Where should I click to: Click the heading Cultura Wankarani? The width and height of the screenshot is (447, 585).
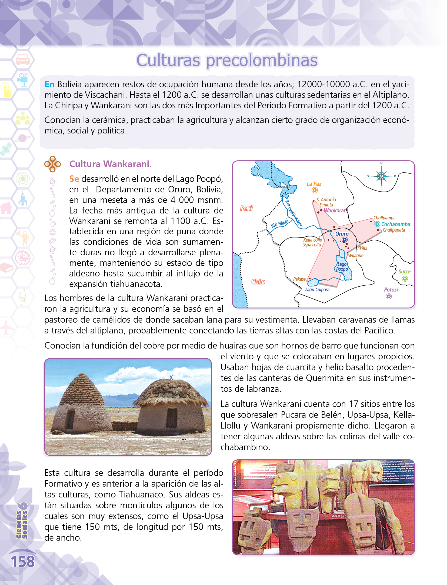pos(111,164)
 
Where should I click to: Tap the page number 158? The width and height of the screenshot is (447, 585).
pos(23,561)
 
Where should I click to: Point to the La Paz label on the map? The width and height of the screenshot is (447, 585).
pos(314,184)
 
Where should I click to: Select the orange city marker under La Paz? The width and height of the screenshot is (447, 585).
pos(315,190)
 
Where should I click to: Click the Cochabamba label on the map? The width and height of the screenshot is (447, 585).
pos(395,224)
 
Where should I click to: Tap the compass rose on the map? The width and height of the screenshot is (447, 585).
pos(381,176)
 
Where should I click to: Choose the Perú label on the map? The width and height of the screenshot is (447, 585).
pos(246,208)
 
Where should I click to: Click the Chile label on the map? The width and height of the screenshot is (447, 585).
pos(258,282)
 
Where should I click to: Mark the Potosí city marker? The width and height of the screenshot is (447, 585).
pos(389,296)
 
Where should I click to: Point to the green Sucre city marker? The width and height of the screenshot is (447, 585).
pos(405,279)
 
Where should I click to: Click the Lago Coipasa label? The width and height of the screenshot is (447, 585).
pos(317,290)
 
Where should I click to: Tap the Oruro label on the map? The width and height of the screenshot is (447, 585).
pos(342,234)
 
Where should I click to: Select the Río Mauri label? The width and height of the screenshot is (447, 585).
pos(279,224)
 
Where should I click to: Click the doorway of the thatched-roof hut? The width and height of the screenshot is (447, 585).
pos(171,417)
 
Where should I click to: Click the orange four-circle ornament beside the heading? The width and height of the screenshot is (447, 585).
pos(52,164)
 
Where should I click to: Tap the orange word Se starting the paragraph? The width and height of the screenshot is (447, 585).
pos(74,179)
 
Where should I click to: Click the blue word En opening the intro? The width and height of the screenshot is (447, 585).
pos(49,84)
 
